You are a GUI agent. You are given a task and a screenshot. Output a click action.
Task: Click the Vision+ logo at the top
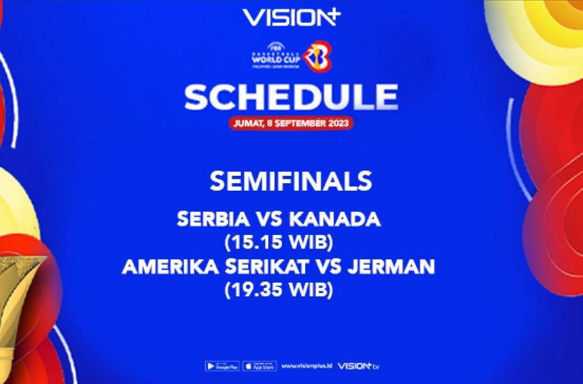290,18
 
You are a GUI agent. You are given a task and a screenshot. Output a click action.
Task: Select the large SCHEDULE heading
291,98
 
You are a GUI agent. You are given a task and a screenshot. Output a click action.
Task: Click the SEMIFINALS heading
291,181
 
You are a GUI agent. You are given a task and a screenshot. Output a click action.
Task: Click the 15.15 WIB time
278,242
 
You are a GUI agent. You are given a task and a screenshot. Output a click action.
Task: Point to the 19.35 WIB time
278,290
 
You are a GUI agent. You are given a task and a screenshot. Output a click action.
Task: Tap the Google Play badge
222,366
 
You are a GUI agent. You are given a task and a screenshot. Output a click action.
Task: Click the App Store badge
260,366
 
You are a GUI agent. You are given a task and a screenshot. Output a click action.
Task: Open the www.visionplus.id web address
306,366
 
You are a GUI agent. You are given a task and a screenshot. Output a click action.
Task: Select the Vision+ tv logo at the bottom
358,366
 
